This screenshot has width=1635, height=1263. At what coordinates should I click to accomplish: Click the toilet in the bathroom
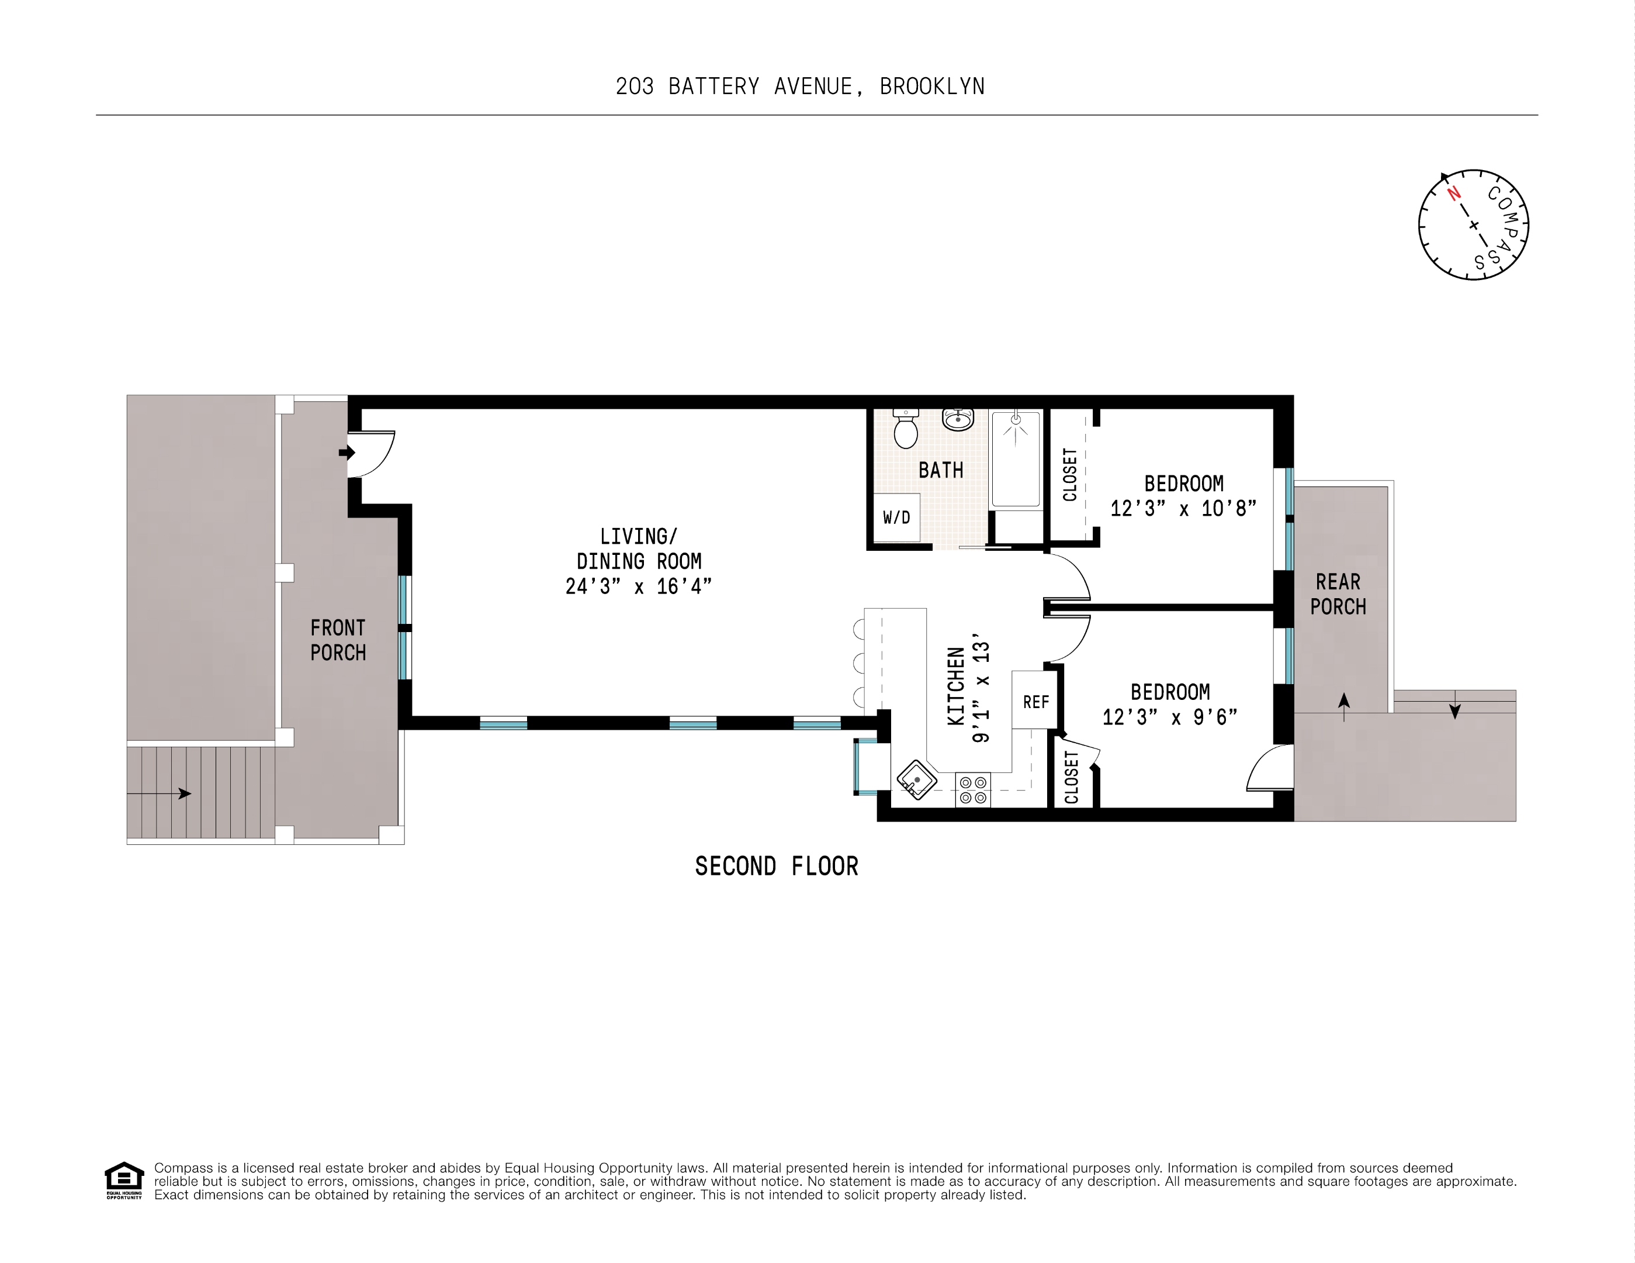click(906, 429)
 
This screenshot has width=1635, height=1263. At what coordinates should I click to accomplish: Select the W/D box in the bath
click(897, 517)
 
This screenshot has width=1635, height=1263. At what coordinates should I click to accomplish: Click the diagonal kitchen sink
click(917, 780)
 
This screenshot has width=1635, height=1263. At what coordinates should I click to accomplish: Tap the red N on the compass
click(1454, 194)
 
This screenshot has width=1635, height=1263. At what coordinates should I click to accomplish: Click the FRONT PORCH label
click(338, 640)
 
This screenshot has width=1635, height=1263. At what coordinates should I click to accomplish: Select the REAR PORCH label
click(1338, 594)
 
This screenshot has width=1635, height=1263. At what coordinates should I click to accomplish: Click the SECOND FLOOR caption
click(777, 867)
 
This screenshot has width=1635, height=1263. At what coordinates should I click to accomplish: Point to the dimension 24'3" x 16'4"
click(639, 586)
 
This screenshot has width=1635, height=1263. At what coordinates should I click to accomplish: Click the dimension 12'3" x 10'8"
click(1183, 509)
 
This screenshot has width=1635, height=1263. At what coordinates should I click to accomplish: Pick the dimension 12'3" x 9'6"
click(1170, 717)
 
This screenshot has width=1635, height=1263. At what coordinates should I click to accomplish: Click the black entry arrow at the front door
click(347, 453)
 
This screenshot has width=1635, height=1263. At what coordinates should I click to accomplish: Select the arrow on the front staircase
click(160, 793)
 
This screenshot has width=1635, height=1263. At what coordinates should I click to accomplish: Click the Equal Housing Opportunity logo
click(123, 1181)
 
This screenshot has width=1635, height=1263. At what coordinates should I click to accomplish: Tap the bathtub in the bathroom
click(1016, 459)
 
